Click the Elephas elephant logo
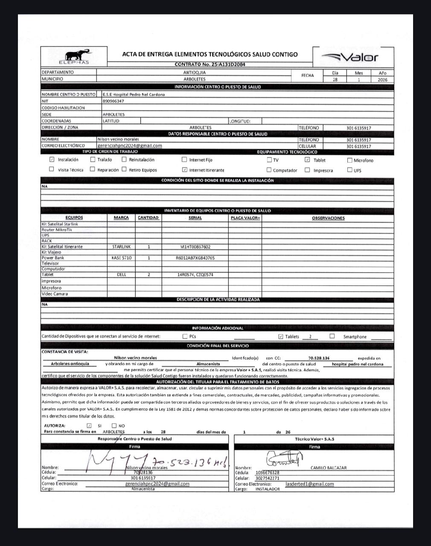(x=77, y=56)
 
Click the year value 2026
(x=382, y=79)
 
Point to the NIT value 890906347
(x=113, y=101)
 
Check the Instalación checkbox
(x=52, y=160)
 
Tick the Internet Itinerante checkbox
(x=184, y=170)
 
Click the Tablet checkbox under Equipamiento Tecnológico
(x=307, y=160)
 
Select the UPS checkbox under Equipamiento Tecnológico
(x=350, y=170)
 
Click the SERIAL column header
(x=195, y=218)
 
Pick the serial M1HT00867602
(x=195, y=247)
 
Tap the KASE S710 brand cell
(x=122, y=258)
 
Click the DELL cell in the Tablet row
(x=122, y=275)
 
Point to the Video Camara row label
(x=54, y=294)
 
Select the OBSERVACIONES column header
(x=328, y=218)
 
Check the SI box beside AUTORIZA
(x=89, y=425)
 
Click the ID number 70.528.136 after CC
(x=319, y=358)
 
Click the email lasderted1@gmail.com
(x=310, y=484)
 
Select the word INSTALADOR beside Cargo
(x=268, y=489)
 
